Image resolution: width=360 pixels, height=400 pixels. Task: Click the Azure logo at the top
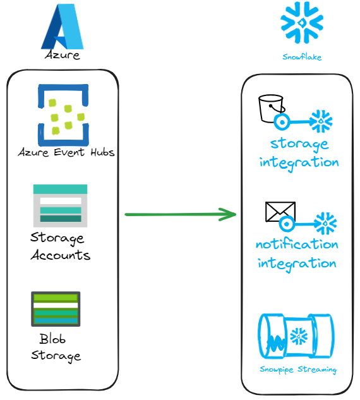click(x=62, y=27)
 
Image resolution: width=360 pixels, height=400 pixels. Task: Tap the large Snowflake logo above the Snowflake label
click(x=302, y=23)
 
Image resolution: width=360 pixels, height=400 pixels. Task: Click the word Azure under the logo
click(x=62, y=55)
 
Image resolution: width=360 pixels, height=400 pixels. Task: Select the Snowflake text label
click(x=302, y=57)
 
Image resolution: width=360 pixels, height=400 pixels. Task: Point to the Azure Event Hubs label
click(x=66, y=152)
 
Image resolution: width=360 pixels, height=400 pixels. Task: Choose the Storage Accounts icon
click(x=60, y=205)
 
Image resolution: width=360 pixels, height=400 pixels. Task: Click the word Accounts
click(x=61, y=255)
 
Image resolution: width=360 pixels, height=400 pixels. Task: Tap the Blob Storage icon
click(x=56, y=309)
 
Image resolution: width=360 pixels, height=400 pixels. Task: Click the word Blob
click(x=52, y=339)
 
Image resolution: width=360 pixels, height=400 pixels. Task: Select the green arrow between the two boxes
click(x=181, y=214)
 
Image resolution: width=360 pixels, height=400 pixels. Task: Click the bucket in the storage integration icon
click(x=271, y=109)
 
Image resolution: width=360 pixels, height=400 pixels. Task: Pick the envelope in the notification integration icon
click(x=280, y=212)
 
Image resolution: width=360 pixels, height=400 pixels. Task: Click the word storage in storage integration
click(x=299, y=144)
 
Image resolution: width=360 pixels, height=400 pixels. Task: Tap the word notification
click(x=297, y=245)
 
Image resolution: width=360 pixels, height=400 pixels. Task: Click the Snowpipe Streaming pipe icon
click(x=296, y=336)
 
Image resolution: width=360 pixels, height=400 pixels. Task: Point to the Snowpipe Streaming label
click(x=298, y=370)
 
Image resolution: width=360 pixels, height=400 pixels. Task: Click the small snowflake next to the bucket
click(x=321, y=121)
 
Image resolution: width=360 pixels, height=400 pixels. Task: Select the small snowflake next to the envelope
click(x=325, y=224)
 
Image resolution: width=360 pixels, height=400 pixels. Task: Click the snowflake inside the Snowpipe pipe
click(x=299, y=336)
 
